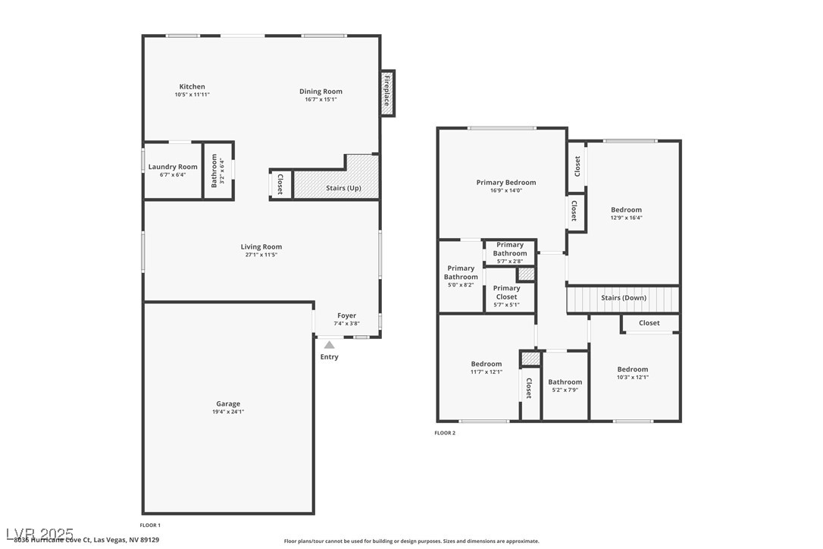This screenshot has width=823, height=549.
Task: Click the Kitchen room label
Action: (x=192, y=86)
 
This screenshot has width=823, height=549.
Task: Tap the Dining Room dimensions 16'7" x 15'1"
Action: (x=321, y=99)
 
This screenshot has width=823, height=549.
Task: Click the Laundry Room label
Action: (x=173, y=167)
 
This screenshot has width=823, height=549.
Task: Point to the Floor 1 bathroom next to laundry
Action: (x=217, y=171)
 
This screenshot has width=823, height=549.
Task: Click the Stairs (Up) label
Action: (x=343, y=188)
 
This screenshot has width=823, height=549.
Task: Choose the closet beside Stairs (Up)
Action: (x=280, y=184)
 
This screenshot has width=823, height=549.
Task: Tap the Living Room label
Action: (x=261, y=246)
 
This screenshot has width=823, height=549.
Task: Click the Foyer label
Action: (x=346, y=315)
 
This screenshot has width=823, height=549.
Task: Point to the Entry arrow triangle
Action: (x=330, y=345)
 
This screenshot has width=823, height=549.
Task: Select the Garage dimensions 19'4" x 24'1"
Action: (x=228, y=412)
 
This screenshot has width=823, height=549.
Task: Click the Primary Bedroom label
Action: (x=505, y=182)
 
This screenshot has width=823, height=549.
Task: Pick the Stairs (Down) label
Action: (x=624, y=298)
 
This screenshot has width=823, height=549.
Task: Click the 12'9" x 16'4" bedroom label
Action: (x=626, y=210)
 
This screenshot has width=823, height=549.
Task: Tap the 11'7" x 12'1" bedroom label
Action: (x=486, y=364)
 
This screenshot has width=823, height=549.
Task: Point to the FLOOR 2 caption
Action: (x=445, y=433)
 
